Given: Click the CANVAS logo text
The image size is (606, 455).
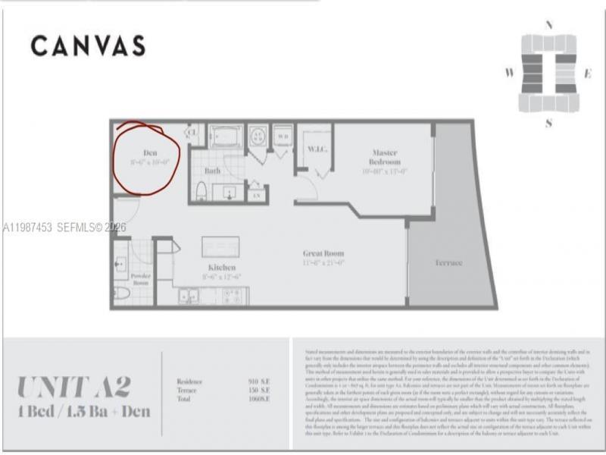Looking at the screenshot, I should point(88,46).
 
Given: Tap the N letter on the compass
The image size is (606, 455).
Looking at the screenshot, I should point(548,25).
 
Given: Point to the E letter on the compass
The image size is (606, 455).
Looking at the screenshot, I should point(587,74).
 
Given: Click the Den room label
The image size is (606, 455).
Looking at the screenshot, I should point(150,153).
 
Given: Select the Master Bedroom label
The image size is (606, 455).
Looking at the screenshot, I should point(385,157).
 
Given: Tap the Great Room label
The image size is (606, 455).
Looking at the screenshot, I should point(323,253).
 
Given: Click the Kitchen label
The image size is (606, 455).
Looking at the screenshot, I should point(222,268).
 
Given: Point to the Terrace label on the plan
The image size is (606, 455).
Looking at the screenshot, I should point(448,262).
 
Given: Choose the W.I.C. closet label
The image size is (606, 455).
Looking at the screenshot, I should point(317,149).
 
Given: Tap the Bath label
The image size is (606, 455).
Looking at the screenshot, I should point(213,171).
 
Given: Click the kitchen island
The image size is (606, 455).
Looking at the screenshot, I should point(220,247).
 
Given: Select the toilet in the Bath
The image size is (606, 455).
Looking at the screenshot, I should point(201,190).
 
